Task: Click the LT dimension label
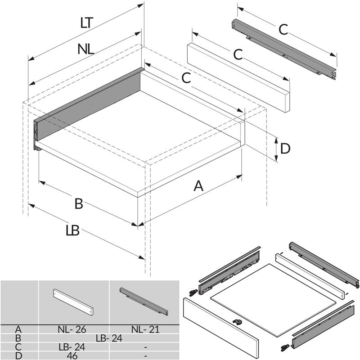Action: pyautogui.click(x=87, y=23)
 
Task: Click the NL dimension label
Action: pyautogui.click(x=85, y=49)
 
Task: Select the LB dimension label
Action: pyautogui.click(x=72, y=231)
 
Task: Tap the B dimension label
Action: pyautogui.click(x=79, y=204)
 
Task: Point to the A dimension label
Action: pyautogui.click(x=198, y=185)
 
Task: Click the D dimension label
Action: pyautogui.click(x=285, y=148)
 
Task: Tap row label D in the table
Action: pyautogui.click(x=19, y=355)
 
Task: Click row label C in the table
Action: pyautogui.click(x=19, y=347)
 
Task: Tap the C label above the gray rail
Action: pyautogui.click(x=283, y=30)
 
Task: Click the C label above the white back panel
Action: pyautogui.click(x=238, y=54)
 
